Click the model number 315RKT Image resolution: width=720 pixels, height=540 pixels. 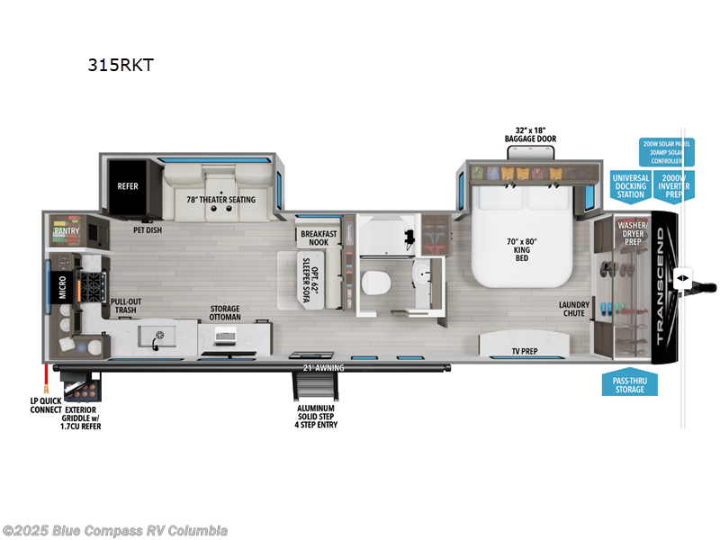[x=114, y=65]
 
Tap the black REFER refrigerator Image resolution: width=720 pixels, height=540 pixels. [x=127, y=186]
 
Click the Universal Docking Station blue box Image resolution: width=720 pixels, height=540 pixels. [x=630, y=186]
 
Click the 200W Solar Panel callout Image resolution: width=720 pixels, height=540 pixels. [x=662, y=148]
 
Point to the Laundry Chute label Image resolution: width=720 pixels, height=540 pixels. [x=573, y=309]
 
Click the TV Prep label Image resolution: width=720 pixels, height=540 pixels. [x=525, y=351]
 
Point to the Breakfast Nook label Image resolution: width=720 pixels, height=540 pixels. [x=318, y=238]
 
